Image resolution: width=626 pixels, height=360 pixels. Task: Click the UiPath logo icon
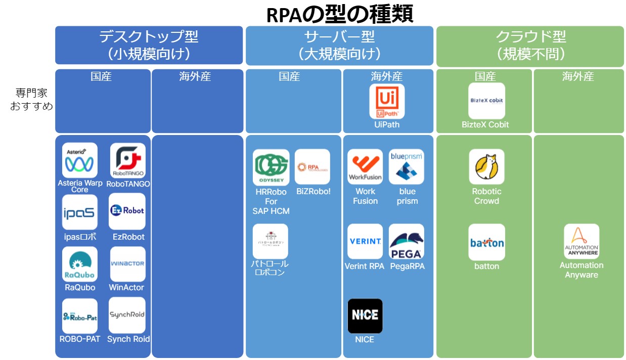387,101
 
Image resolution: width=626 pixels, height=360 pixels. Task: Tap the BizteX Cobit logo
486,101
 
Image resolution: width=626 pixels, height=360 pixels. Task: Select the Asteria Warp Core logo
80,160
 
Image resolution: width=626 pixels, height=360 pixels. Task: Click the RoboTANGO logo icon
128,160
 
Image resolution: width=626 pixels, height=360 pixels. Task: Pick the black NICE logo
365,316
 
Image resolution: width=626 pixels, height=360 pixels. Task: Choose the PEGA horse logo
407,242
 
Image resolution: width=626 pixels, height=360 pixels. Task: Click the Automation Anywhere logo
582,242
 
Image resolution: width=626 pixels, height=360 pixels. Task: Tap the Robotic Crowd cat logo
486,166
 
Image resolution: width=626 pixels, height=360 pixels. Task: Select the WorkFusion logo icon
365,166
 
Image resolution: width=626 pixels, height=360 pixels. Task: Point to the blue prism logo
407,166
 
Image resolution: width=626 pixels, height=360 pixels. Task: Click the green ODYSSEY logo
271,166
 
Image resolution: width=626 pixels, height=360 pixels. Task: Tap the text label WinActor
126,287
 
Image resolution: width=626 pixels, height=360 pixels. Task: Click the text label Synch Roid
128,339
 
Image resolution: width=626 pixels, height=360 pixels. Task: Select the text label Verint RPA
365,266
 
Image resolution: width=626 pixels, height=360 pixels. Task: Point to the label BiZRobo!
313,192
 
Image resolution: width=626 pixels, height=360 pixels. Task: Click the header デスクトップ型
149,37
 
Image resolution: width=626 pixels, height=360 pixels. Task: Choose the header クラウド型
530,37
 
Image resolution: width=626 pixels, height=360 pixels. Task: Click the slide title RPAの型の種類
340,14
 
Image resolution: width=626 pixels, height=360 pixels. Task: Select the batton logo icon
486,242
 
